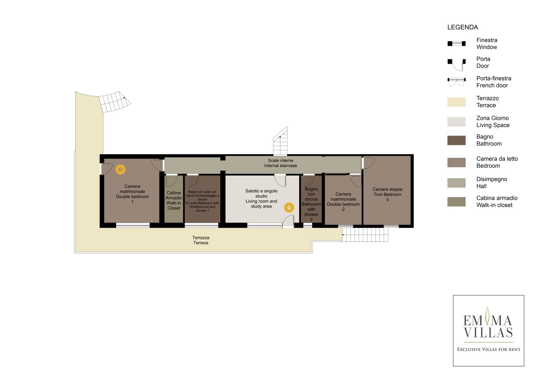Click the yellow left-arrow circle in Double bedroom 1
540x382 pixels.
pyautogui.click(x=120, y=169)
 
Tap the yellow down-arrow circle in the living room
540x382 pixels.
pyautogui.click(x=289, y=207)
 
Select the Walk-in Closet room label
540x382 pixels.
pyautogui.click(x=174, y=201)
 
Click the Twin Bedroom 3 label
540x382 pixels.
pyautogui.click(x=387, y=195)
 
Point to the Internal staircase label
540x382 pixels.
pyautogui.click(x=280, y=163)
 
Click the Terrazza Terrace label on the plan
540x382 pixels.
pyautogui.click(x=201, y=240)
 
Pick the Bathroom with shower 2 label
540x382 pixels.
pyautogui.click(x=311, y=204)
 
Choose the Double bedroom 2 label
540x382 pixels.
pyautogui.click(x=343, y=202)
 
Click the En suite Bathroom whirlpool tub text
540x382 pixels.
pyautogui.click(x=202, y=201)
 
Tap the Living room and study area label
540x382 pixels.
pyautogui.click(x=261, y=198)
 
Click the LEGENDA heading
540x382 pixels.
pyautogui.click(x=462, y=27)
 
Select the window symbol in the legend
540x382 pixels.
pyautogui.click(x=456, y=44)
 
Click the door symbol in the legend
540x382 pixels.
pyautogui.click(x=456, y=65)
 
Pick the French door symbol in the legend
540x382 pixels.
pyautogui.click(x=456, y=82)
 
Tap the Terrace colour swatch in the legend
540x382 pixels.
pyautogui.click(x=456, y=102)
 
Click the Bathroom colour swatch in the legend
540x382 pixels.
pyautogui.click(x=456, y=140)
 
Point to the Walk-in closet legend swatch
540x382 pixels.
pyautogui.click(x=456, y=202)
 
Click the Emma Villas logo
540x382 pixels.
pyautogui.click(x=488, y=331)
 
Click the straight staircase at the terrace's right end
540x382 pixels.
pyautogui.click(x=365, y=235)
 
